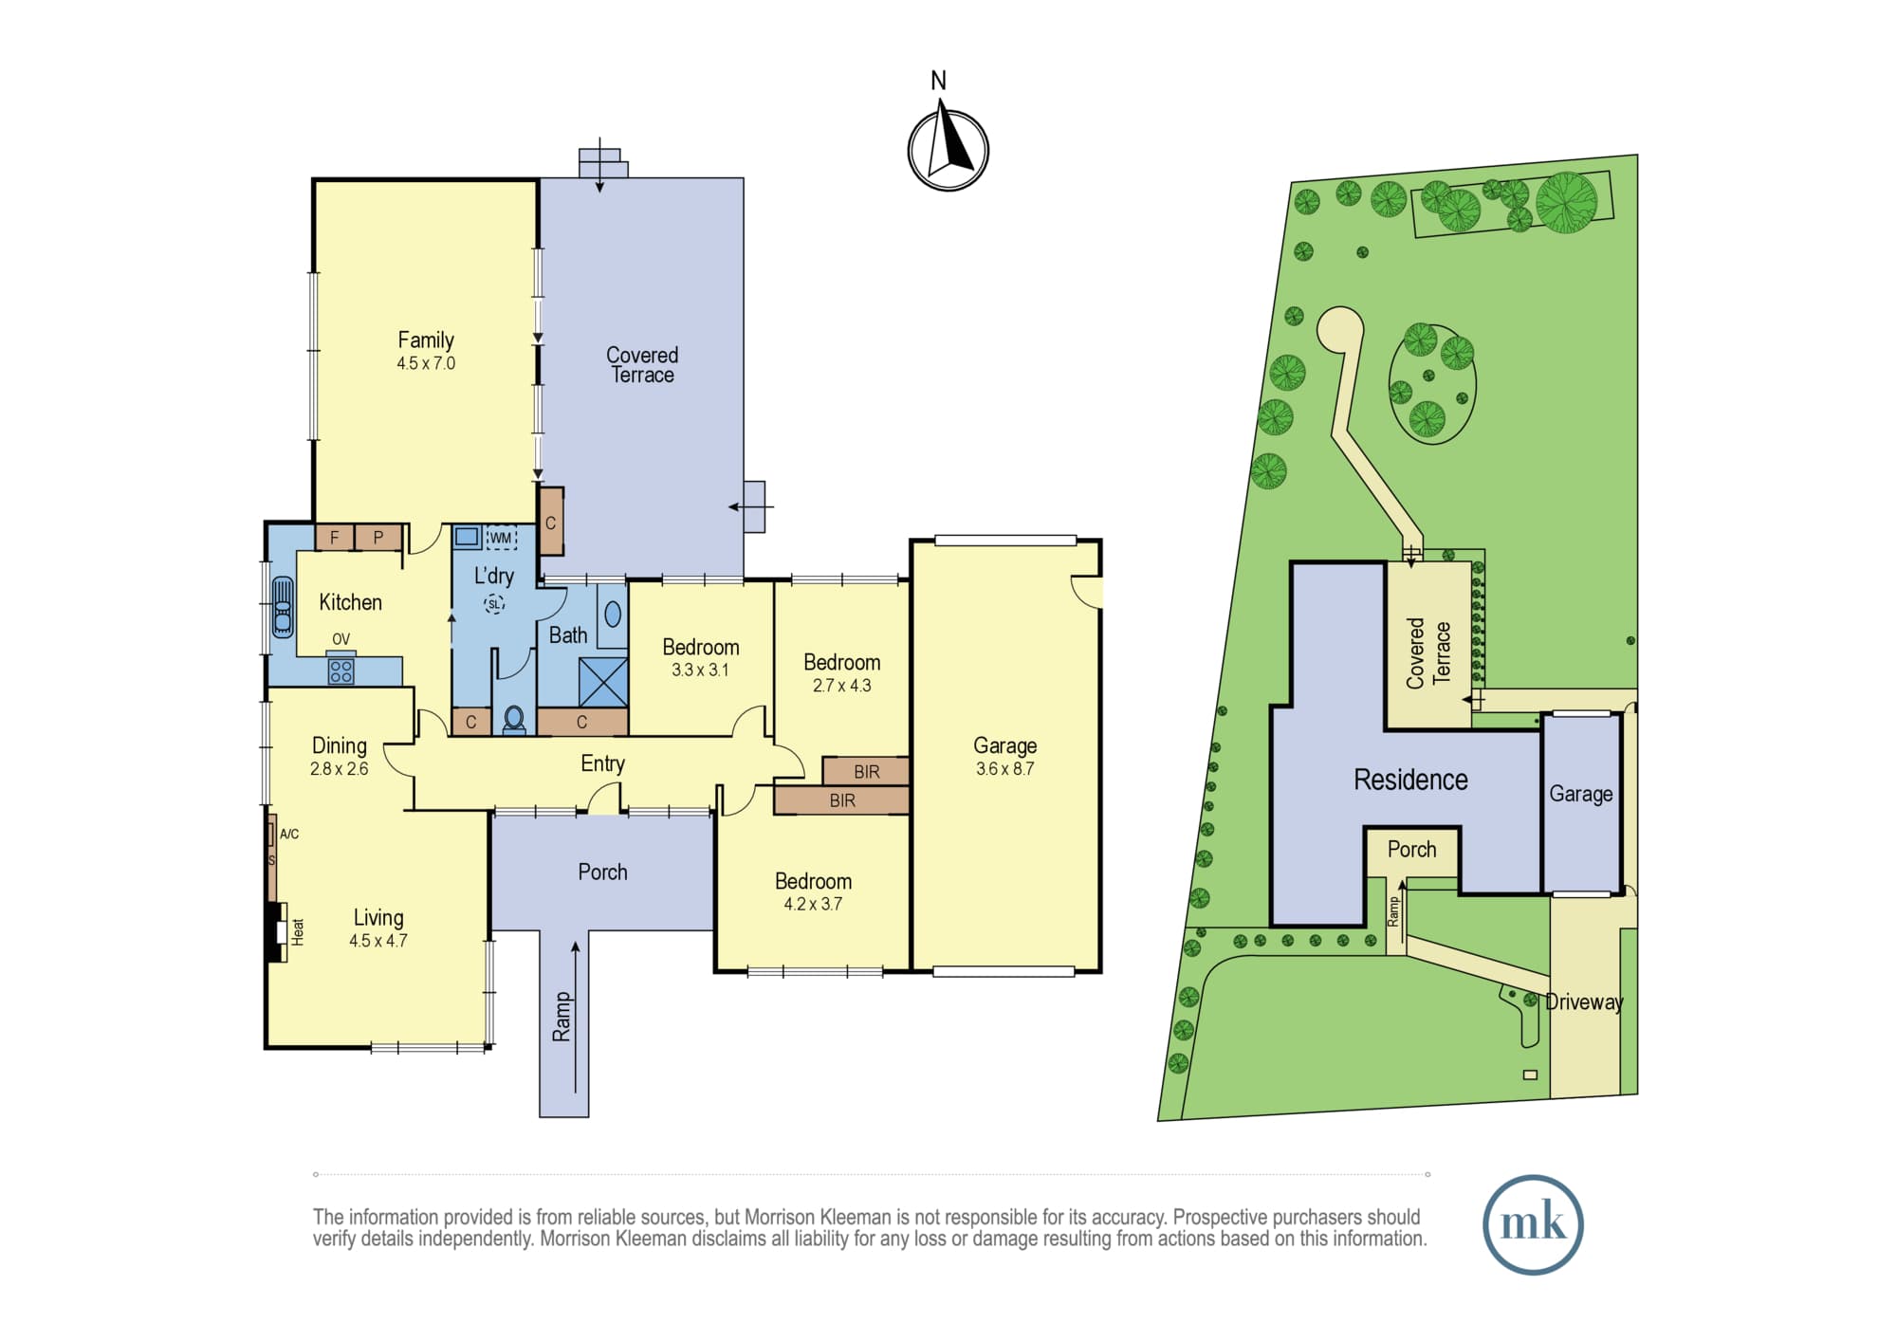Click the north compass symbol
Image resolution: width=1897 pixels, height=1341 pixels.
click(x=948, y=150)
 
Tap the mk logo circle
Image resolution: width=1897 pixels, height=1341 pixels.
click(x=1533, y=1224)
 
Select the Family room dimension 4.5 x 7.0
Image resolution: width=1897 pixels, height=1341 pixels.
click(x=426, y=363)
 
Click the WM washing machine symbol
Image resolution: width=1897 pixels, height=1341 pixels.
click(x=501, y=538)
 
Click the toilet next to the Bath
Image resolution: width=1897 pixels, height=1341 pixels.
click(x=514, y=720)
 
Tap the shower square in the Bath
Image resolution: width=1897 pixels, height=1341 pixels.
click(x=603, y=681)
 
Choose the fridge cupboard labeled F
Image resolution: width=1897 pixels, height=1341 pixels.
click(x=334, y=538)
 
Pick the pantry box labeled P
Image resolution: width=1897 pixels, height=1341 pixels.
click(x=378, y=538)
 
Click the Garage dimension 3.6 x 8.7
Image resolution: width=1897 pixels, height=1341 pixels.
click(x=1004, y=769)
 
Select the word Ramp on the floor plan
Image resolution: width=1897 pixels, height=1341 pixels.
click(x=562, y=1017)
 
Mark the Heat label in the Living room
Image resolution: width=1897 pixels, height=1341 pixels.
click(x=298, y=931)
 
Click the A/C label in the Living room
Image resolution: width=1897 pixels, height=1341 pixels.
click(x=289, y=835)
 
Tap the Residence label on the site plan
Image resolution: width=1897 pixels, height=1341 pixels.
click(x=1410, y=780)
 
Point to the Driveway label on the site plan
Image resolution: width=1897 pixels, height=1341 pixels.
click(x=1584, y=1001)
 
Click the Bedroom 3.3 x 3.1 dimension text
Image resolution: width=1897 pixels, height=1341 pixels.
click(x=700, y=670)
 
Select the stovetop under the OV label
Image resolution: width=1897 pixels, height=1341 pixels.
click(x=341, y=670)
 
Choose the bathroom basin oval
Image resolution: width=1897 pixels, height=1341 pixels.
click(x=613, y=615)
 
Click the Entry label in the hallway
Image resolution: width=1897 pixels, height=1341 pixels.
click(x=602, y=763)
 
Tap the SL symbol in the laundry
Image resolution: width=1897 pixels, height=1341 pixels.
click(x=493, y=603)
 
